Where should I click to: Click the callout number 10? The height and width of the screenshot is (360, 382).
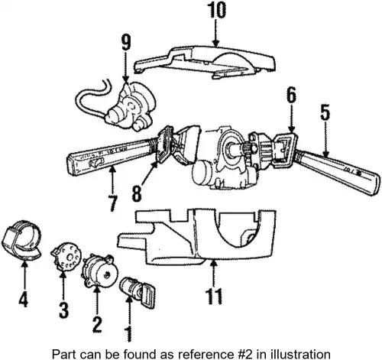pyautogui.click(x=216, y=10)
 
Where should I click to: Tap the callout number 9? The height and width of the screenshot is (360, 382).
pyautogui.click(x=126, y=43)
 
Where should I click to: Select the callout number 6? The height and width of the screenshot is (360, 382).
pyautogui.click(x=291, y=95)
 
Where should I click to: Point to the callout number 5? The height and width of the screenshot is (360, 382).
pyautogui.click(x=325, y=112)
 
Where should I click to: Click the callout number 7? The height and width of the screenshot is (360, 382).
pyautogui.click(x=113, y=203)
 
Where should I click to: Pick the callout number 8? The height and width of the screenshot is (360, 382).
pyautogui.click(x=137, y=193)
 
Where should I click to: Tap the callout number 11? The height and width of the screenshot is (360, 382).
pyautogui.click(x=214, y=296)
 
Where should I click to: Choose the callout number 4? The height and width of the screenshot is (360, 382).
pyautogui.click(x=23, y=299)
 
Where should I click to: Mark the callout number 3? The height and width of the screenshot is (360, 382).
pyautogui.click(x=63, y=310)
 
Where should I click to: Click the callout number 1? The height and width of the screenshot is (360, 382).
pyautogui.click(x=130, y=333)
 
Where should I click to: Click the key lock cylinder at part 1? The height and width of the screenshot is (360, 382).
pyautogui.click(x=138, y=293)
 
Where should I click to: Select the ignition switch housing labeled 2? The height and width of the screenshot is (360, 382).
pyautogui.click(x=100, y=271)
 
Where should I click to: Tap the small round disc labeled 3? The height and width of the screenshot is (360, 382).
pyautogui.click(x=66, y=256)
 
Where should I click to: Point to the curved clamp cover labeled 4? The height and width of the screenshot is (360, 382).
pyautogui.click(x=22, y=240)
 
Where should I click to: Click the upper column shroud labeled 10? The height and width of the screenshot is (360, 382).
pyautogui.click(x=205, y=62)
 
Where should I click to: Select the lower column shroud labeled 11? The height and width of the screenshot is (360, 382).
pyautogui.click(x=196, y=237)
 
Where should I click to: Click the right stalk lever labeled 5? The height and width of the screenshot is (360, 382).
pyautogui.click(x=338, y=172)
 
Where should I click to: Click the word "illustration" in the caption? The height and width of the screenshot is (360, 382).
pyautogui.click(x=299, y=354)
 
